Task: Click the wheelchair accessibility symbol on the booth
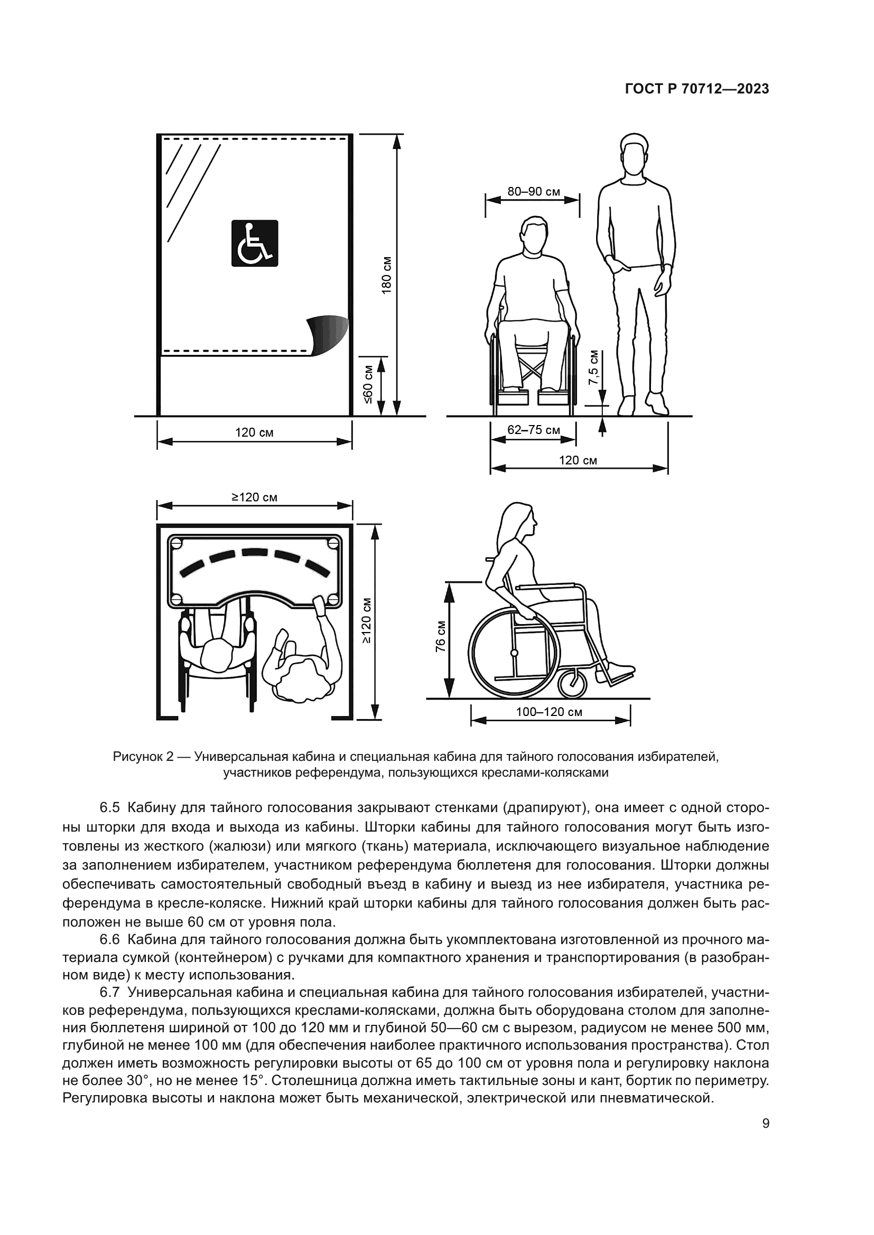(255, 243)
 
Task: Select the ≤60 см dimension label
(368, 384)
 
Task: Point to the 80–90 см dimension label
(533, 192)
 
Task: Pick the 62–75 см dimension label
(533, 430)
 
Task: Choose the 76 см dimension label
(441, 637)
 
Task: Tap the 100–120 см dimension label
(549, 712)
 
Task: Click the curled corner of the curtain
(328, 335)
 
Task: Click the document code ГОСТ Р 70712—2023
(697, 89)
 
